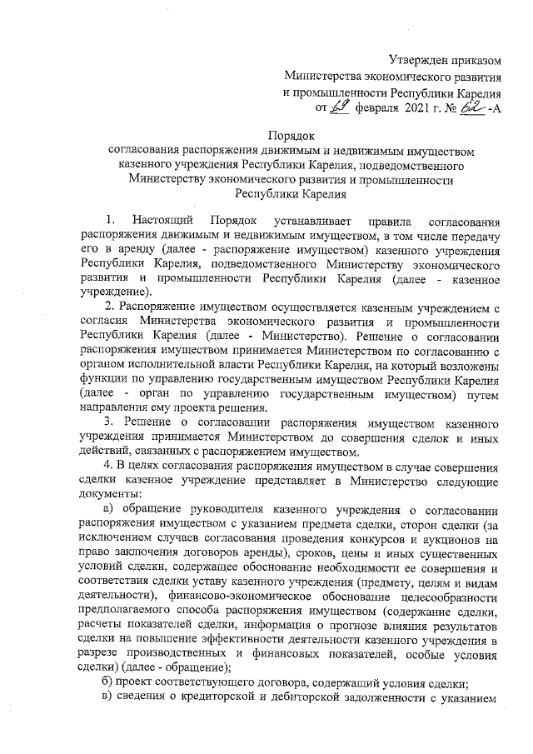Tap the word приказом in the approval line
pyautogui.click(x=480, y=58)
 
